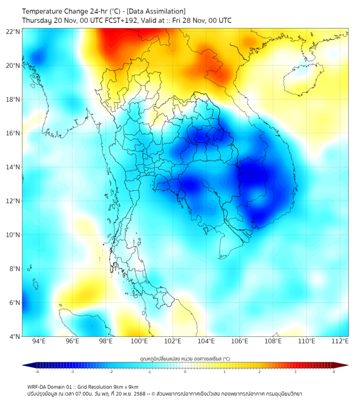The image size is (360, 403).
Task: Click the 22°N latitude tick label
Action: (13, 31)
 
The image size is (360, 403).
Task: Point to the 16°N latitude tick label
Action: (13, 133)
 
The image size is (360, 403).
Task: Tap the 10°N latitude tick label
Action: (13, 235)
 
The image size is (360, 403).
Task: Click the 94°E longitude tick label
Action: (39, 341)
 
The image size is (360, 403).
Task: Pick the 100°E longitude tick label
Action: (140, 341)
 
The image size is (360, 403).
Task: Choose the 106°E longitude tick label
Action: (240, 341)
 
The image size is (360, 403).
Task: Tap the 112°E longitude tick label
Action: (341, 341)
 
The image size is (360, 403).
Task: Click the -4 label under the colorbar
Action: (36, 372)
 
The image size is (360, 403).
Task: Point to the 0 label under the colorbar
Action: (185, 372)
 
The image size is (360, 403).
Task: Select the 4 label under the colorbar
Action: (334, 372)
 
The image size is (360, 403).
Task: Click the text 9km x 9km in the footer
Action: (126, 386)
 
